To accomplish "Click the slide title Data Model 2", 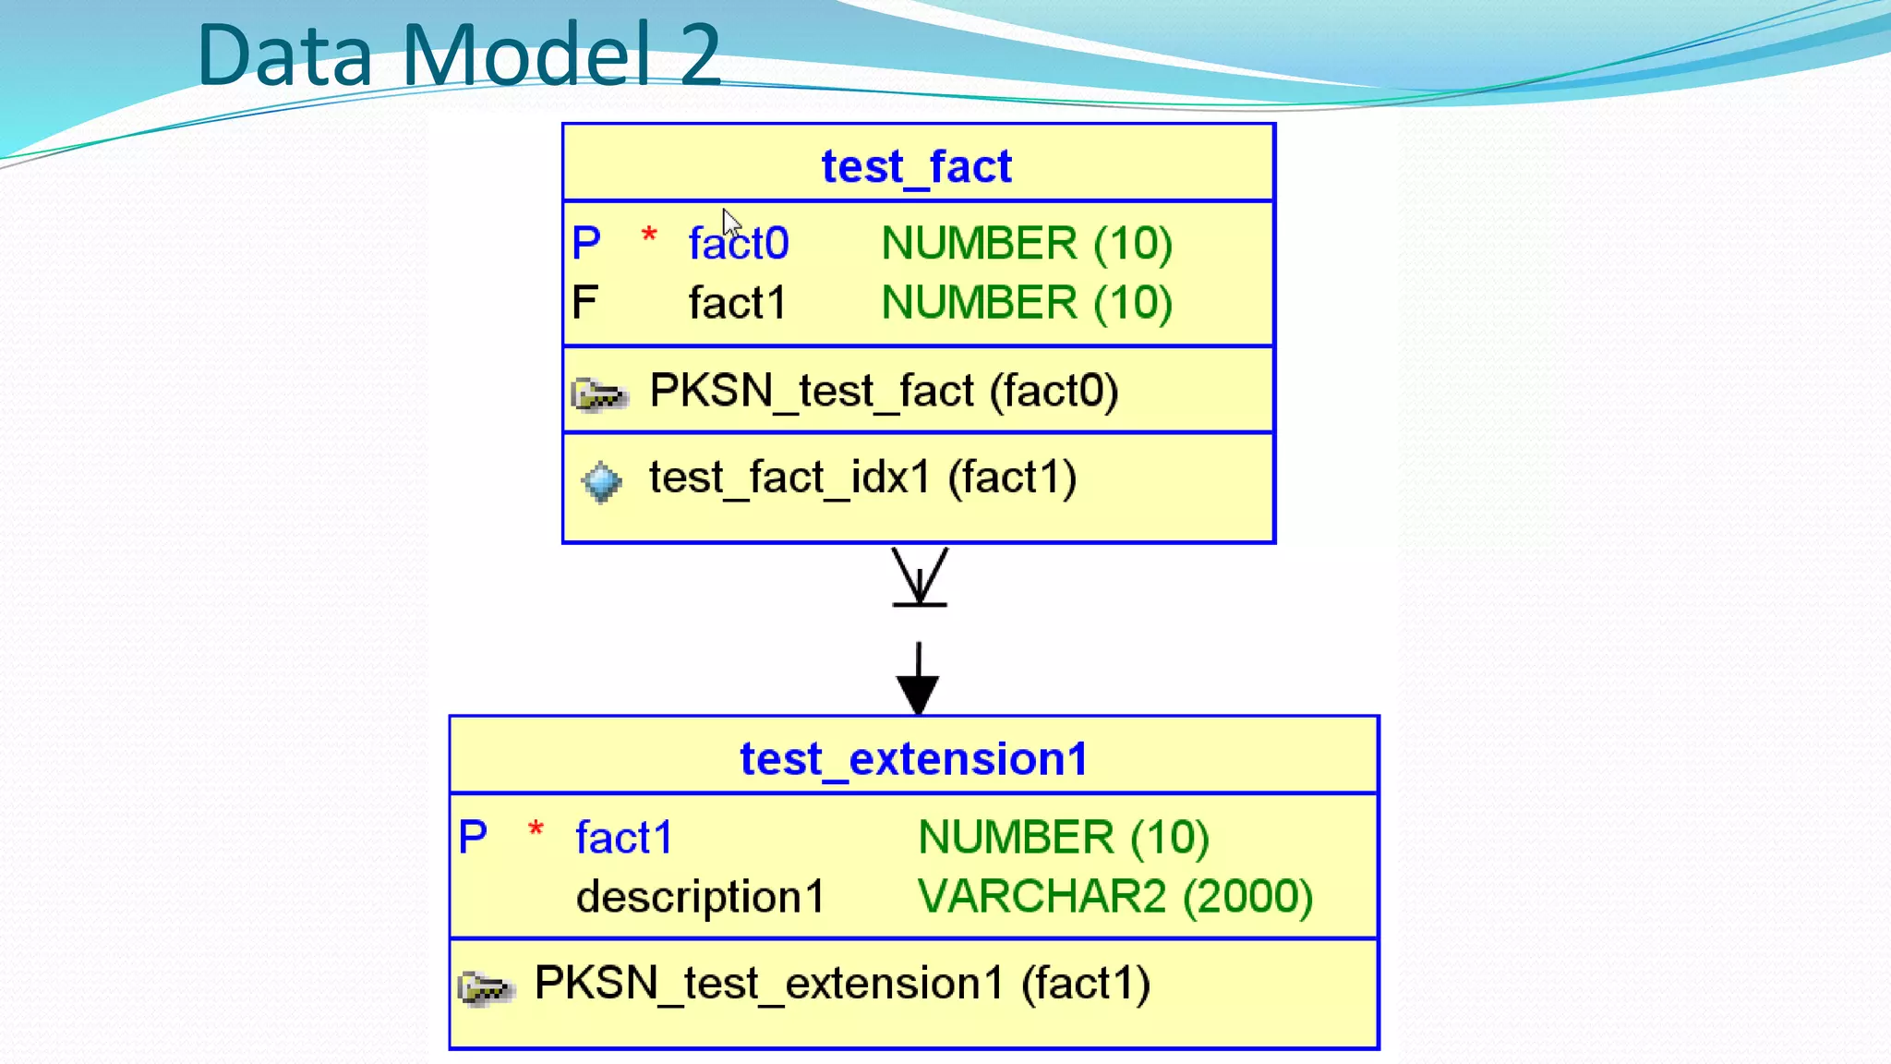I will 459,55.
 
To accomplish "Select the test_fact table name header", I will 917,166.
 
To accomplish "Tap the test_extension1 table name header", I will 913,759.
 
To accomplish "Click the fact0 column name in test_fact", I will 739,244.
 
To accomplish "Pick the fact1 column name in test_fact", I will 737,303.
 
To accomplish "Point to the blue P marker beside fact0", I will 586,244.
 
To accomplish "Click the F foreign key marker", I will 585,303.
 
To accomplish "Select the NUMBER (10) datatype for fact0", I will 1027,244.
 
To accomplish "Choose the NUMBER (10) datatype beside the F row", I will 1027,303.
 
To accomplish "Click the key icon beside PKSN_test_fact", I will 599,394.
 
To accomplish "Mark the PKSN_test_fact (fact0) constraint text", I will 884,391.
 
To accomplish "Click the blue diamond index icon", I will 601,481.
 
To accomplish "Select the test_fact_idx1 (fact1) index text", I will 862,478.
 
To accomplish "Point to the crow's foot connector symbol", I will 920,578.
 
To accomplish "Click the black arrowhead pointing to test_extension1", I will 918,693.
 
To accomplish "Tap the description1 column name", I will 700,897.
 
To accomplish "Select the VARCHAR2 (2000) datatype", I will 1115,897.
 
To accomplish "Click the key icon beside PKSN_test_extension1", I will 485,987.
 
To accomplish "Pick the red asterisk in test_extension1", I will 536,828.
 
